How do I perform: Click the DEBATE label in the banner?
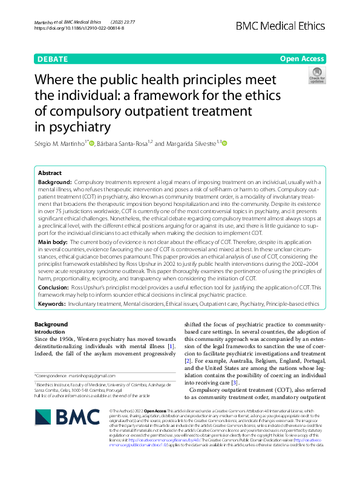click(53, 59)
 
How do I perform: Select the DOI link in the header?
click(79, 28)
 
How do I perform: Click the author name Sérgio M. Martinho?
click(60, 144)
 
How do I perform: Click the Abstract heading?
click(51, 173)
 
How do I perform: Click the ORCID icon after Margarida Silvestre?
click(224, 144)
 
